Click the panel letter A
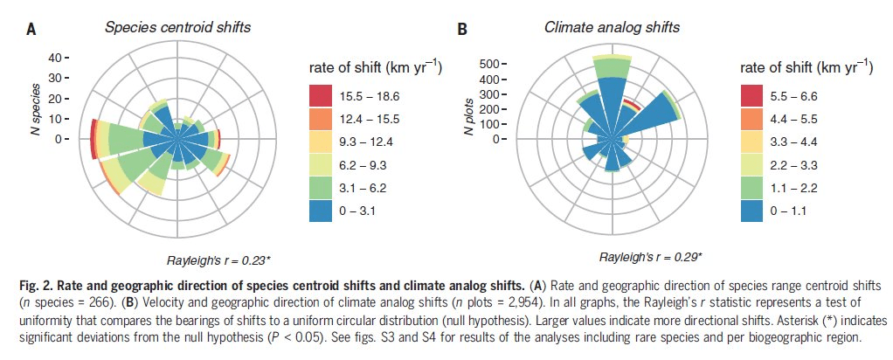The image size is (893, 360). click(x=31, y=29)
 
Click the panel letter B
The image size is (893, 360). click(x=463, y=29)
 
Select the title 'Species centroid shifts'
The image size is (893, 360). click(x=177, y=27)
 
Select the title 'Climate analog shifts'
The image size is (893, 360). click(x=612, y=27)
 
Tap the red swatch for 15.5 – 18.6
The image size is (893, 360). click(x=324, y=96)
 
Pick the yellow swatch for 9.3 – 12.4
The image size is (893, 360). click(x=324, y=142)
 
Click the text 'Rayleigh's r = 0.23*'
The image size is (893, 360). click(x=218, y=260)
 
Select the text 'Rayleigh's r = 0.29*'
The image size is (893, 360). click(x=651, y=258)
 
